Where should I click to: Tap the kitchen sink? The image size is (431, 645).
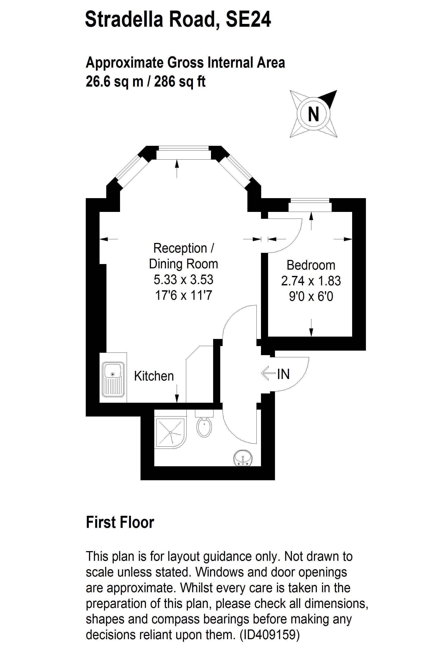point(113,379)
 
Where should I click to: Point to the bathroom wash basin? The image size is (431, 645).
point(243,458)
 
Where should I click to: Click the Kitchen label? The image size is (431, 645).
point(154,376)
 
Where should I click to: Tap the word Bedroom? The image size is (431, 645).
point(311,265)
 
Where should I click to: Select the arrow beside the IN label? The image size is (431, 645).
point(268,374)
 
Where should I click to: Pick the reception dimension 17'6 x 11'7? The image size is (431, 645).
point(184,295)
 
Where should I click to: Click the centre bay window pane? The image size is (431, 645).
point(183,152)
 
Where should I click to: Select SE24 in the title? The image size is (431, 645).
point(248,19)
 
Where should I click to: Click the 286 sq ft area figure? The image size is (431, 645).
point(180,82)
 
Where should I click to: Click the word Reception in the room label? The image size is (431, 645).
point(180,248)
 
